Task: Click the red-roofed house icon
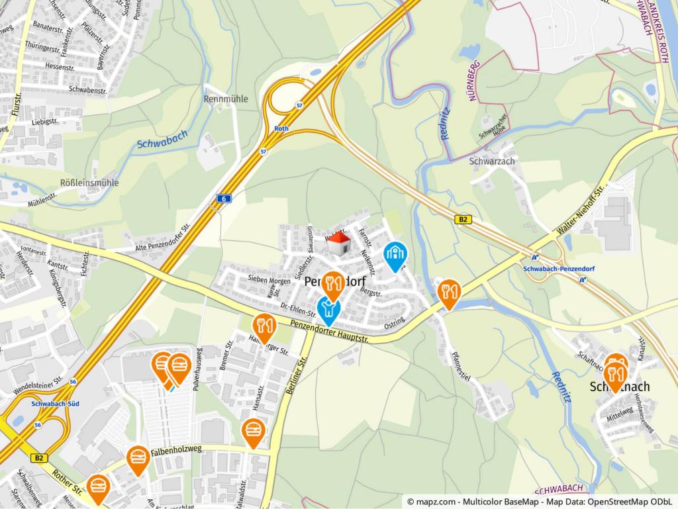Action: [x=339, y=244]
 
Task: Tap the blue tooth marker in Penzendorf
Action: [x=328, y=309]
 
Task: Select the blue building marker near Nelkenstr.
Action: [x=396, y=256]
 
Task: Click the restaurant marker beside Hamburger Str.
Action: [x=264, y=328]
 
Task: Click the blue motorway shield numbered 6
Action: [x=225, y=199]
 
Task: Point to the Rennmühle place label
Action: [x=226, y=99]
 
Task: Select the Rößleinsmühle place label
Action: [x=89, y=183]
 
